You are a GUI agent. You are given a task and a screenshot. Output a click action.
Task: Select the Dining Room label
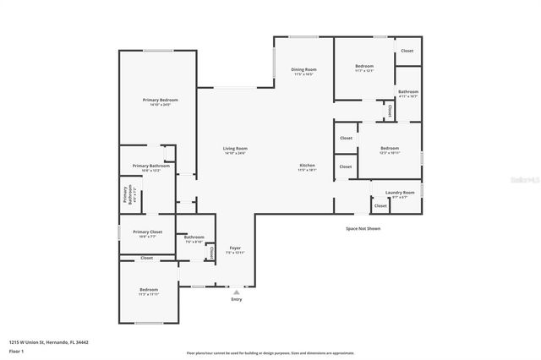click(303, 69)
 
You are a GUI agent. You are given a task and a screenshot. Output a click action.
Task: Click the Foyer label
click(235, 248)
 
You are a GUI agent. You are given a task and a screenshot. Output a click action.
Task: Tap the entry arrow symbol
click(236, 292)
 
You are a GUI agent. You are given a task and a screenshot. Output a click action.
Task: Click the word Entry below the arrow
click(236, 299)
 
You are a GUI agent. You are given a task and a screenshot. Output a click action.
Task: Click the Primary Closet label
click(147, 232)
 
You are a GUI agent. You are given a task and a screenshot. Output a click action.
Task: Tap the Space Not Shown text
click(363, 228)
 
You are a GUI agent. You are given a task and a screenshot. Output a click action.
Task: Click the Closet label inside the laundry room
click(380, 205)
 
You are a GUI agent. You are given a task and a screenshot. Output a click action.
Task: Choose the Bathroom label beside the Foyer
click(194, 237)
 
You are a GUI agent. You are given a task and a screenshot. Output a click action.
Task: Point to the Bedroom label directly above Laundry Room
click(390, 149)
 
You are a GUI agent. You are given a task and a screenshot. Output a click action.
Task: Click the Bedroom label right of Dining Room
click(364, 66)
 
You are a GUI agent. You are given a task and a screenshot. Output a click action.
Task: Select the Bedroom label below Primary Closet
click(149, 290)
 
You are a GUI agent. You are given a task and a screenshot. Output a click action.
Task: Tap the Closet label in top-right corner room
click(407, 51)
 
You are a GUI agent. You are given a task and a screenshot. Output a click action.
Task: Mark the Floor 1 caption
click(15, 351)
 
